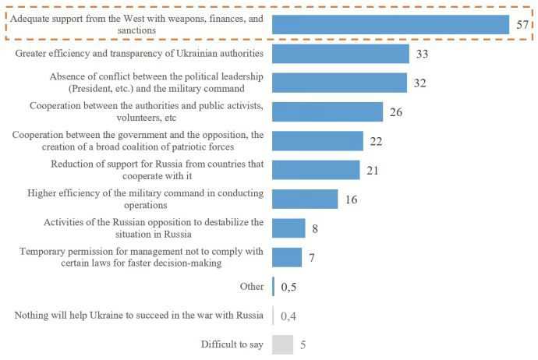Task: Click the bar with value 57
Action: point(391,25)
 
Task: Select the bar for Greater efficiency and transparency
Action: point(341,54)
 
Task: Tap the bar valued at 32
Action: point(339,83)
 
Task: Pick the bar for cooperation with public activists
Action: point(327,112)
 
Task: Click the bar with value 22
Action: point(318,141)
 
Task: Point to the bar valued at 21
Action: point(316,170)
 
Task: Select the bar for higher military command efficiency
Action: point(305,199)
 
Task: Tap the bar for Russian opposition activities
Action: point(288,228)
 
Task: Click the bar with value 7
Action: point(287,257)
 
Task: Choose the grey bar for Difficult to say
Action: point(282,344)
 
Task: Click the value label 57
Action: point(523,25)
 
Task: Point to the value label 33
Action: point(421,54)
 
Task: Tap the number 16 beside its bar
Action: point(351,199)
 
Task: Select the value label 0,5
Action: point(288,287)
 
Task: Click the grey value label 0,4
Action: point(288,316)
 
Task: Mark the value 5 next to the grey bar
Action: point(303,344)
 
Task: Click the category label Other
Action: point(252,287)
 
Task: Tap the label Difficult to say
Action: point(232,344)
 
